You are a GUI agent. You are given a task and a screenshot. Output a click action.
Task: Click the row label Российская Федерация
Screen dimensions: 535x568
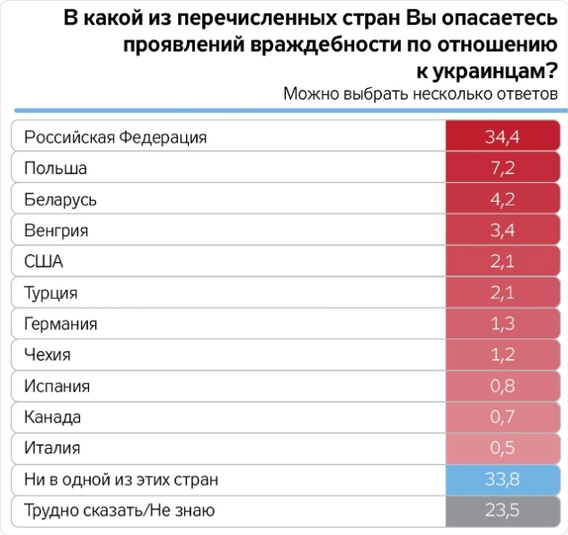click(x=115, y=137)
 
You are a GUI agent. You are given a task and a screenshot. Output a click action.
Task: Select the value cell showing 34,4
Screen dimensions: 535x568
click(x=502, y=137)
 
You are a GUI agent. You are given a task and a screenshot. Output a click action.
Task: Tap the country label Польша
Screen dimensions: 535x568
click(x=55, y=169)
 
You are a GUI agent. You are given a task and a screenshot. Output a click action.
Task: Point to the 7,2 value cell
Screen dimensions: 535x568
click(x=502, y=169)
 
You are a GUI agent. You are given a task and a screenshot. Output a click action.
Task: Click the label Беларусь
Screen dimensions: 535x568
click(x=60, y=199)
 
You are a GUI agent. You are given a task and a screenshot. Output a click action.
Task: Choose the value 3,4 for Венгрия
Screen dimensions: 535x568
click(x=502, y=231)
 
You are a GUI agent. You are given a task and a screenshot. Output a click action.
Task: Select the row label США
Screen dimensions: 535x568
click(x=44, y=262)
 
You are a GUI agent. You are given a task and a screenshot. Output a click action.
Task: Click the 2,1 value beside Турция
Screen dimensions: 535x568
click(x=502, y=293)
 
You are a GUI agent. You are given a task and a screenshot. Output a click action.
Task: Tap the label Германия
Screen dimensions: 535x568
click(x=60, y=324)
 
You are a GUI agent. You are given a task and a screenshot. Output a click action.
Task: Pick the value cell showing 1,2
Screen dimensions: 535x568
click(x=502, y=355)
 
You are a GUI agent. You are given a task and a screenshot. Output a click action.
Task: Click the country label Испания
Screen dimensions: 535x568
click(x=57, y=386)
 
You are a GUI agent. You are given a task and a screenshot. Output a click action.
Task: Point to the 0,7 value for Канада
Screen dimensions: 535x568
click(x=502, y=417)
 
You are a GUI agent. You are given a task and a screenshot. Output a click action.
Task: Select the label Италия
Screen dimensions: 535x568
click(x=52, y=448)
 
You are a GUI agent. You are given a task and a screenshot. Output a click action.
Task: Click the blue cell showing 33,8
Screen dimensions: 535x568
click(x=502, y=479)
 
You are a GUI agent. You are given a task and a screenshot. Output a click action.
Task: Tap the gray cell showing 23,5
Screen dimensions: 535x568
click(x=502, y=510)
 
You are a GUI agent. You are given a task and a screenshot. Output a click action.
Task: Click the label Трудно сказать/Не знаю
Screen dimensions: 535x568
click(x=120, y=510)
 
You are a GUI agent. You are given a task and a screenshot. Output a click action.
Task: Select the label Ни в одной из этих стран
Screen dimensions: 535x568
click(x=121, y=479)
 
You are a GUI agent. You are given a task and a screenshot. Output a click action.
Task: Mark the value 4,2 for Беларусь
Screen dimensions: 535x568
click(x=502, y=199)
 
